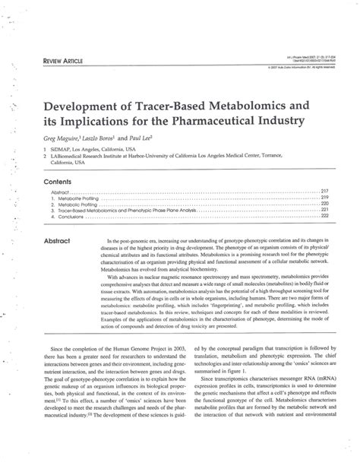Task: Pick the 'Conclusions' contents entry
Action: tap(76, 216)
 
